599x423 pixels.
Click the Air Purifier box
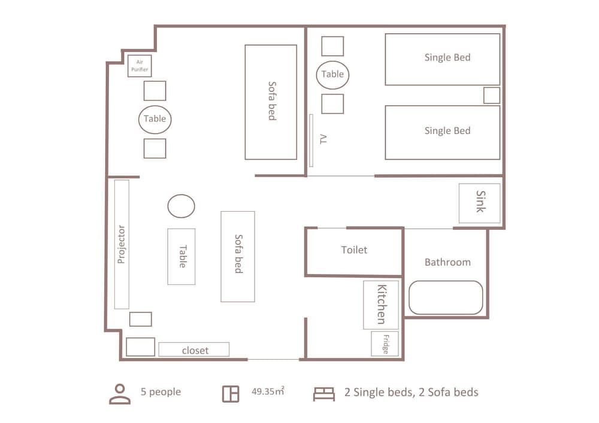pyautogui.click(x=139, y=66)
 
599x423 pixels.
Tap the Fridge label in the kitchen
pyautogui.click(x=385, y=343)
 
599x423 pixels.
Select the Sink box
pyautogui.click(x=480, y=203)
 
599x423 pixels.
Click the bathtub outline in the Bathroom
pyautogui.click(x=446, y=297)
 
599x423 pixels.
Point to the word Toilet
pyautogui.click(x=354, y=250)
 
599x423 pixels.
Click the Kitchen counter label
pyautogui.click(x=381, y=305)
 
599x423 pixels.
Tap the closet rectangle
pyautogui.click(x=194, y=349)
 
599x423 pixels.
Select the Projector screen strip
pyautogui.click(x=122, y=244)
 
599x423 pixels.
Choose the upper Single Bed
pyautogui.click(x=442, y=59)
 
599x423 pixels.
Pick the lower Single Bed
pyautogui.click(x=442, y=132)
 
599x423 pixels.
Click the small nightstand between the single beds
pyautogui.click(x=491, y=95)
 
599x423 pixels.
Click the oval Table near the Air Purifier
pyautogui.click(x=155, y=119)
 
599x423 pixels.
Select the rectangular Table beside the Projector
pyautogui.click(x=181, y=257)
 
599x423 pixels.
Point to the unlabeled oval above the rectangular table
pyautogui.click(x=181, y=206)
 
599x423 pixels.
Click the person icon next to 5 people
pyautogui.click(x=120, y=393)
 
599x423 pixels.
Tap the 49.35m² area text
pyautogui.click(x=267, y=392)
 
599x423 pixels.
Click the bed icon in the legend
pyautogui.click(x=323, y=393)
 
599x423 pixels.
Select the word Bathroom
pyautogui.click(x=447, y=262)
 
